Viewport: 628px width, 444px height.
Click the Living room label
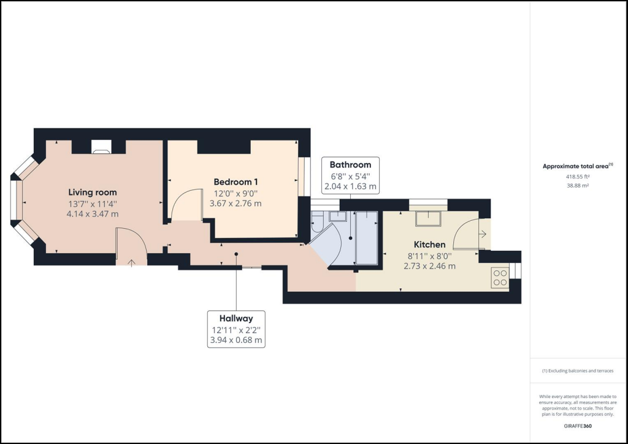93,192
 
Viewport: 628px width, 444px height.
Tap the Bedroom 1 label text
235,182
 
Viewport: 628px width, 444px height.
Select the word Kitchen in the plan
429,244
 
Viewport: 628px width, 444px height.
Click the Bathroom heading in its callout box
350,164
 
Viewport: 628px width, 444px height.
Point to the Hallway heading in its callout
236,318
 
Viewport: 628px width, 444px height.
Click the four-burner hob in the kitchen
500,278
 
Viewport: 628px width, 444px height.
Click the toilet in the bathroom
318,224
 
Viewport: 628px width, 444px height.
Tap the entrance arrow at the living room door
132,262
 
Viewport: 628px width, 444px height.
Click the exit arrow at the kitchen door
483,234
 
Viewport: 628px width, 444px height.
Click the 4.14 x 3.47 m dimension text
93,214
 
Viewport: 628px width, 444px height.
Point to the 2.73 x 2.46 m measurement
429,266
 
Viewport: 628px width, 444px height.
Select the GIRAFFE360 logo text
578,426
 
